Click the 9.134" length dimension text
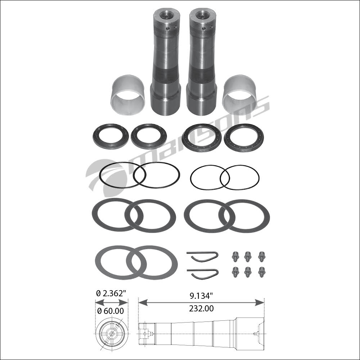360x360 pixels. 200,296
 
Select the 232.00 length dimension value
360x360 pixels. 201,309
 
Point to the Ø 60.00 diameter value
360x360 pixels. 111,311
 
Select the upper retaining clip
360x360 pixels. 202,256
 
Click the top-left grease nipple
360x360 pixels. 235,256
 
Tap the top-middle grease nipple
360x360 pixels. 248,256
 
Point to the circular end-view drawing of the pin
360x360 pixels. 111,334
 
